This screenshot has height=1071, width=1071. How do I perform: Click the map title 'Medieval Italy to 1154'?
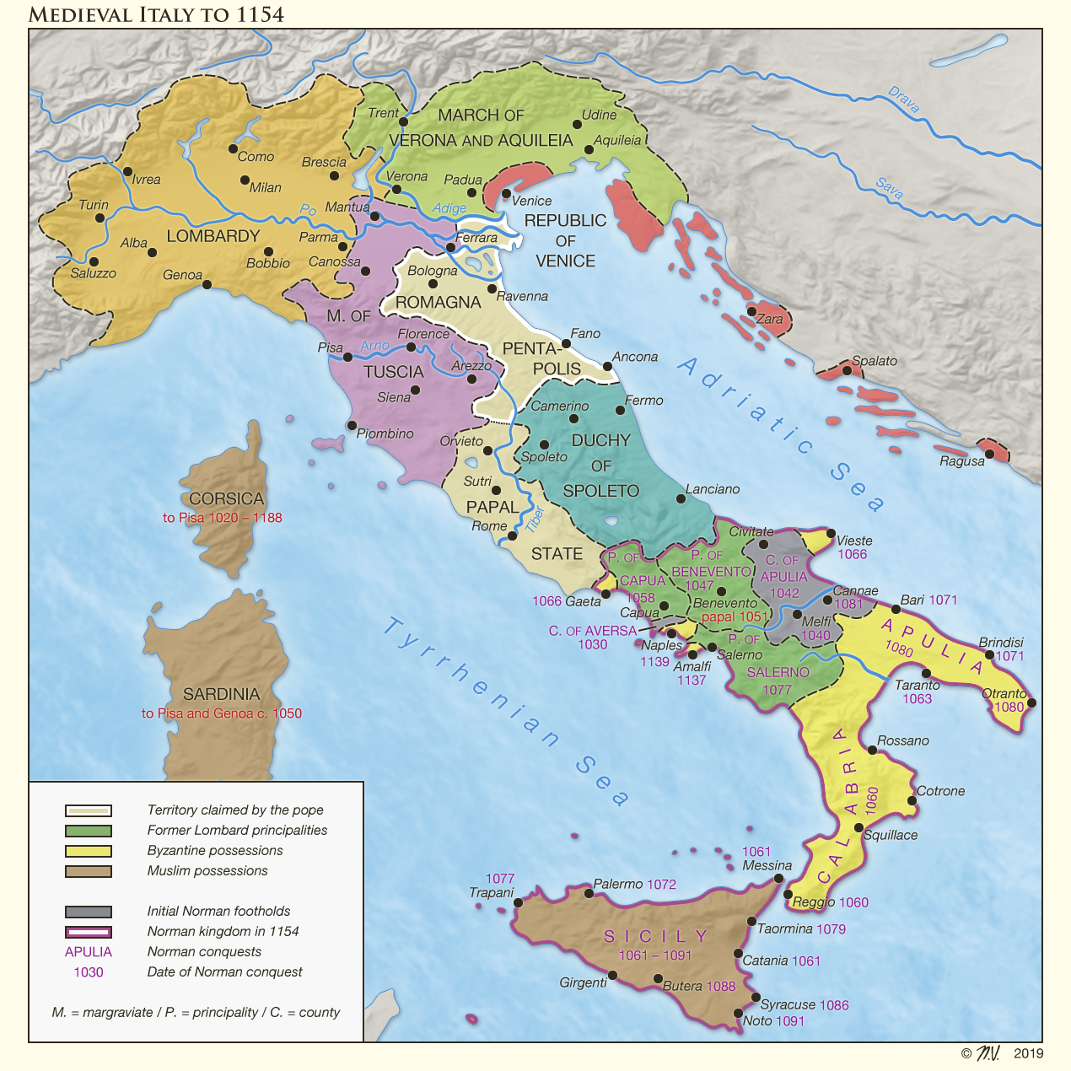coord(156,14)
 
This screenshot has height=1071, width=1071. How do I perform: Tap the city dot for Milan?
coord(245,180)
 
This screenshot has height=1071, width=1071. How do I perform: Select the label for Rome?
coord(489,525)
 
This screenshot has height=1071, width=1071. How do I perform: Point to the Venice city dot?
coord(506,193)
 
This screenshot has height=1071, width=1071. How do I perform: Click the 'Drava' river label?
coord(903,100)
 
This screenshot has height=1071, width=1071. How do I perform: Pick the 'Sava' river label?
coord(889,188)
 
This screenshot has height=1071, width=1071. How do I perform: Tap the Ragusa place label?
coord(961,461)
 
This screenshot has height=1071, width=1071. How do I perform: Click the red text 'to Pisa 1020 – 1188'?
coord(222,518)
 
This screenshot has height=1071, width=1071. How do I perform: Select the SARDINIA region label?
coord(221,694)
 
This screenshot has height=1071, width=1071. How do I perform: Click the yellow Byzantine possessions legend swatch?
coord(89,851)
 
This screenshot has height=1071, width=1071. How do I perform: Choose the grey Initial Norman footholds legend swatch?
coord(89,912)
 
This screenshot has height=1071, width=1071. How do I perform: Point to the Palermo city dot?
coord(589,893)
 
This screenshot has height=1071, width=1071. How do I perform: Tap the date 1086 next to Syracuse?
coord(833,1004)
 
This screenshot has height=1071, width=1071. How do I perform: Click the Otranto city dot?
coord(1031,702)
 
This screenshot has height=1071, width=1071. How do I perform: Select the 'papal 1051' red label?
coord(734,616)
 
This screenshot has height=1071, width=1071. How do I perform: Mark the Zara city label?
coord(769,320)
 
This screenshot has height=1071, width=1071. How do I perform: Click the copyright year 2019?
coord(1028,1053)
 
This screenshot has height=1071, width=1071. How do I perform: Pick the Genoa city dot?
coord(207,284)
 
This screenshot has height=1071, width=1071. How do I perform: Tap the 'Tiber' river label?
coord(535,519)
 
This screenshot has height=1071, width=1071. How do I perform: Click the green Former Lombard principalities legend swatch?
coord(89,831)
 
